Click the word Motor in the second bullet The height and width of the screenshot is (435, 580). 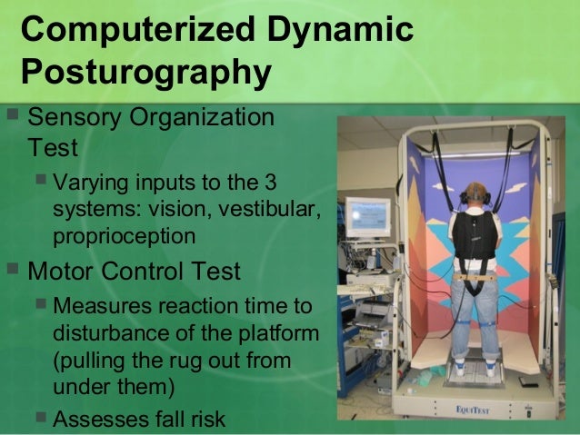coord(64,271)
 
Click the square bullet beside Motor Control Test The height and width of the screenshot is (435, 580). coord(12,270)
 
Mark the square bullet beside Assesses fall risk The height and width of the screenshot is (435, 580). coord(41,416)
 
